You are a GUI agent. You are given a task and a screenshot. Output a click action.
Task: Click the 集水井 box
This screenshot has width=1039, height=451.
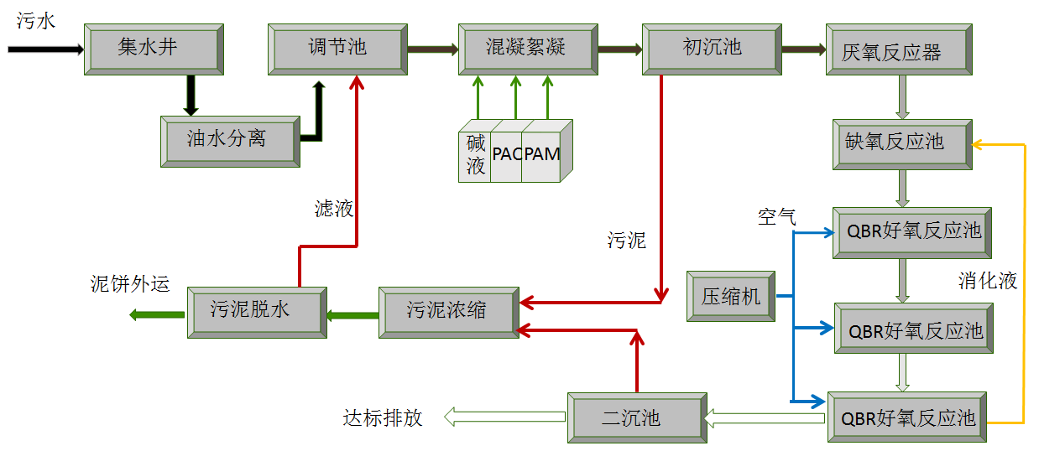[154, 49]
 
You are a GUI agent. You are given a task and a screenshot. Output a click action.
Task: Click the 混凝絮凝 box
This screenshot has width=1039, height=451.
[526, 49]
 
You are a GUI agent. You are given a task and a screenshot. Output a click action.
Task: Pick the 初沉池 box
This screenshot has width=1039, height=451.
[712, 49]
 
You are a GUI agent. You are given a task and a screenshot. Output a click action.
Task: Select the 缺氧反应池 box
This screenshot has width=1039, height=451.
[901, 143]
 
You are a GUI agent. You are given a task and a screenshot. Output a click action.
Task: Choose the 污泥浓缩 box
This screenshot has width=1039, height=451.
[446, 311]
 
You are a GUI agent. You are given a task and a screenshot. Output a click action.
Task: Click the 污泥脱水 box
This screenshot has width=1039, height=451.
[255, 312]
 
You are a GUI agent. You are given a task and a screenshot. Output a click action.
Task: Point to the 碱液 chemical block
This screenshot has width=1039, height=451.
[476, 155]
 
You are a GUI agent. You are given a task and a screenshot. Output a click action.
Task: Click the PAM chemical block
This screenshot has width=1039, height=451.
[543, 155]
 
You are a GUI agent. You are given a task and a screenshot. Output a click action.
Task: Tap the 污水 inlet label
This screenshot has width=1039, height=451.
[35, 21]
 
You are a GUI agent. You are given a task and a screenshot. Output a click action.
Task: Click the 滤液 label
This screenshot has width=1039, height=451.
[333, 209]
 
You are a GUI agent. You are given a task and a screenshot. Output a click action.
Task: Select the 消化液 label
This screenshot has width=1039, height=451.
[988, 281]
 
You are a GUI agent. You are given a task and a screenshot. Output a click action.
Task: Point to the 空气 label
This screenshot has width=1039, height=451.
[776, 217]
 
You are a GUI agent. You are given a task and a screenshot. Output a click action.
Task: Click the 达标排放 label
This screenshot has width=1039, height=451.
[382, 417]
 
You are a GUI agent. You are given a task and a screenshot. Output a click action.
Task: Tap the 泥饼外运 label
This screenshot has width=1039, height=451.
[130, 283]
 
